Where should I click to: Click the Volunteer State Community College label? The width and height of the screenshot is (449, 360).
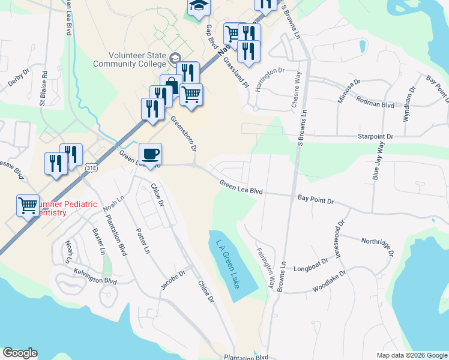(129, 59)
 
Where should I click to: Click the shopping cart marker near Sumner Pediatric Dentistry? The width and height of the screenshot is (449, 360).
(28, 206)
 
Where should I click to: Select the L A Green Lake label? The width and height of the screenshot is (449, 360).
(227, 263)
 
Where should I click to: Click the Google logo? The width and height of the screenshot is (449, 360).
(20, 353)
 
